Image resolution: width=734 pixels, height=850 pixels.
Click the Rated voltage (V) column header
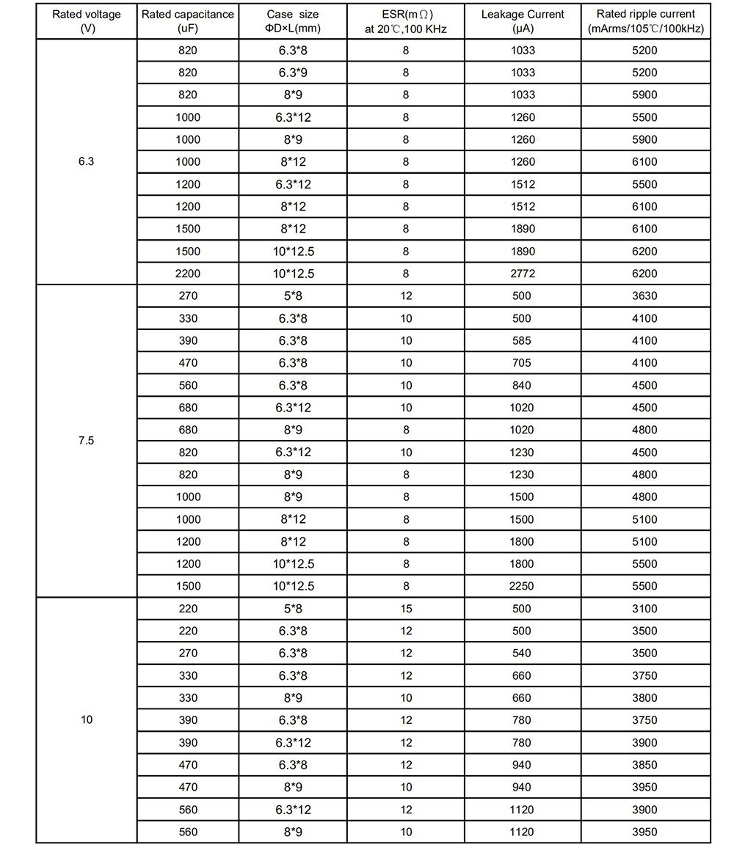[87, 21]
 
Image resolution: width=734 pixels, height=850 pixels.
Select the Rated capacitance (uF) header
[188, 21]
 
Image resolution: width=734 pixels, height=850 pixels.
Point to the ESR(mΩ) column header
[406, 21]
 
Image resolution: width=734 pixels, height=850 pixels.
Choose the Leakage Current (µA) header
[523, 21]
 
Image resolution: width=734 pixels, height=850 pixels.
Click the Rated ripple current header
[646, 21]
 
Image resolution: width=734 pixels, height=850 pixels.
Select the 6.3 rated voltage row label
[87, 161]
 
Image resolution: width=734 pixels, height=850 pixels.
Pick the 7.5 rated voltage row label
[87, 441]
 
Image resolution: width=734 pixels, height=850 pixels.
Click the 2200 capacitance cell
[188, 274]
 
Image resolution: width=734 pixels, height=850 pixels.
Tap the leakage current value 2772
[523, 274]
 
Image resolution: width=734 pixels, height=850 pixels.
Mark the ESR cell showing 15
[406, 609]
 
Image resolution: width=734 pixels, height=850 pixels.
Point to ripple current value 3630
[646, 296]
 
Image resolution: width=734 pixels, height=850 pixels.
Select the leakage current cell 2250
[523, 586]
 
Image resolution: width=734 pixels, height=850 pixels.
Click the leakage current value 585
[523, 340]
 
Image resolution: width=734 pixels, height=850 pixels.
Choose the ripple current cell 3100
[646, 609]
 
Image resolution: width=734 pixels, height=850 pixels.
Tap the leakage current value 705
[523, 363]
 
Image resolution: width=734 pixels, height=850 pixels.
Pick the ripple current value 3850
[646, 765]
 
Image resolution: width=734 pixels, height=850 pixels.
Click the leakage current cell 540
[523, 653]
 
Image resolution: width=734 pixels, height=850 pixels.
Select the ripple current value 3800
[646, 697]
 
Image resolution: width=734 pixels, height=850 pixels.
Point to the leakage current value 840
[523, 385]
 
